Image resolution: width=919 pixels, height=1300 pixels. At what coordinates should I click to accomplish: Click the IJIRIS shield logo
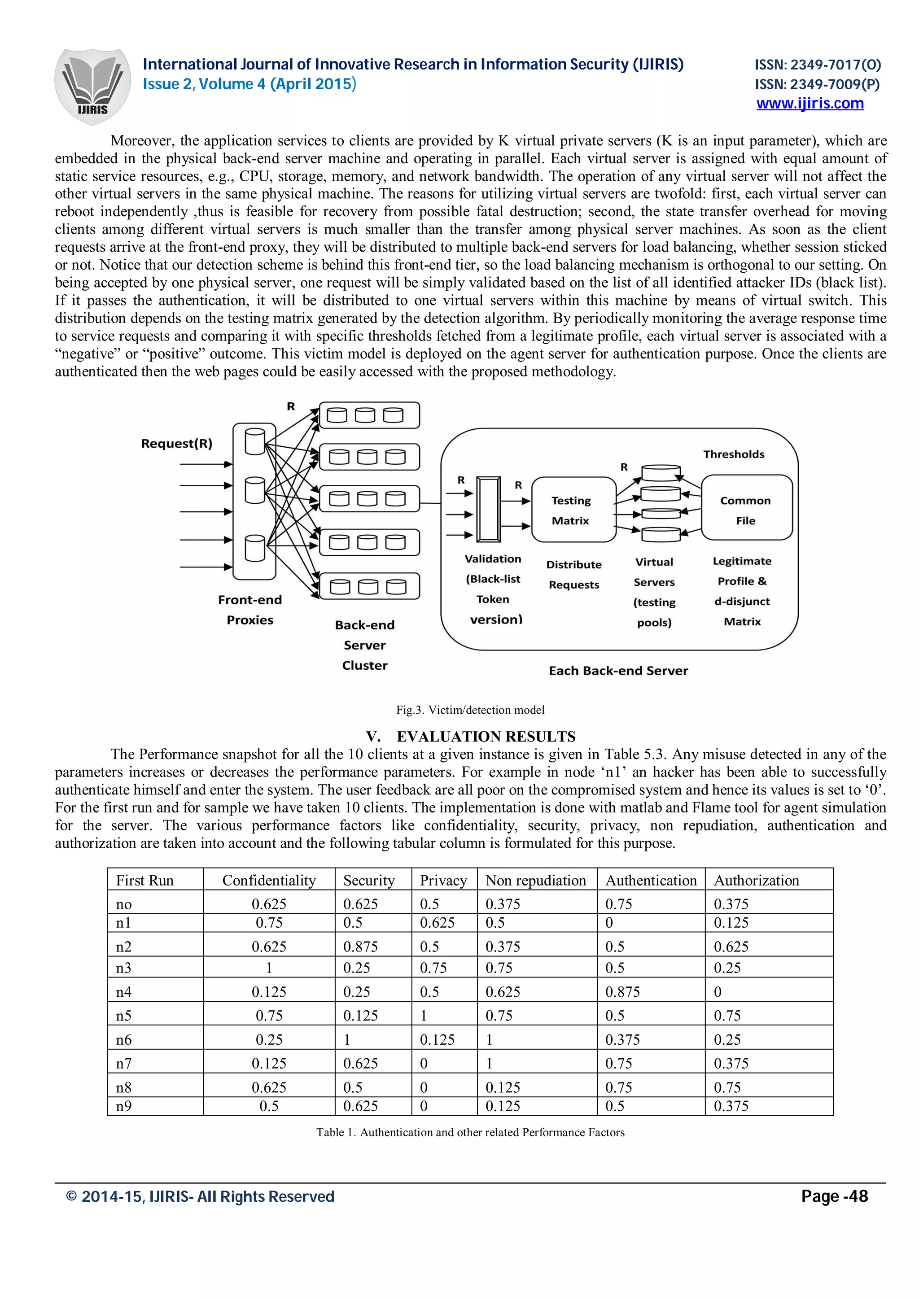[92, 86]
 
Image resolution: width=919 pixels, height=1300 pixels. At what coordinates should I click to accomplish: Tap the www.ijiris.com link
[810, 104]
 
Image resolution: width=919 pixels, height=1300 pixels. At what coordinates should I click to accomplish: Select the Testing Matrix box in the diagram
[573, 510]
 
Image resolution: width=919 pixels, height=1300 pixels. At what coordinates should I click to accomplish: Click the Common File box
[746, 508]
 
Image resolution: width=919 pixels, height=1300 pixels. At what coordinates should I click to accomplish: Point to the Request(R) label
[177, 443]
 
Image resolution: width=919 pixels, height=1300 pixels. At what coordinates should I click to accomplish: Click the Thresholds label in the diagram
[733, 454]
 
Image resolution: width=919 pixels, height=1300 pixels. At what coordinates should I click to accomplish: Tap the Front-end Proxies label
[249, 610]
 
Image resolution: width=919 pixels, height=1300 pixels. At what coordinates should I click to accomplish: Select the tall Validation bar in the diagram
[489, 509]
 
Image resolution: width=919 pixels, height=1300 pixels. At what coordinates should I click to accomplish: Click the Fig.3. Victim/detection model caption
[470, 710]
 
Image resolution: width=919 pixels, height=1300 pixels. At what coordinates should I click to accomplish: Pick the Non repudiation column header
[536, 881]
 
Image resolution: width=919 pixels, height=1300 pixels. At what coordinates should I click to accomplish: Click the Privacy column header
[443, 881]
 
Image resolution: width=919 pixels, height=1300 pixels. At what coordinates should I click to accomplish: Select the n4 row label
[124, 991]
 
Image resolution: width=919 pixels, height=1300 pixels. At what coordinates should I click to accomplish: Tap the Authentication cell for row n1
[610, 922]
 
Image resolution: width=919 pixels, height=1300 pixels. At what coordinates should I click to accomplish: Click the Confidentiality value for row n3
[269, 968]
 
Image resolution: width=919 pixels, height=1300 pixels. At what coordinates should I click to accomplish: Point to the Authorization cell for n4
[718, 991]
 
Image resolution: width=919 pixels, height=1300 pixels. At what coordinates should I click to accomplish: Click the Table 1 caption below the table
[470, 1132]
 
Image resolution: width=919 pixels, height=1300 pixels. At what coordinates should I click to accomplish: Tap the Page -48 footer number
[834, 1196]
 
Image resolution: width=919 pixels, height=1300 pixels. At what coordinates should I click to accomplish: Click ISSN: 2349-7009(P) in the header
[817, 84]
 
